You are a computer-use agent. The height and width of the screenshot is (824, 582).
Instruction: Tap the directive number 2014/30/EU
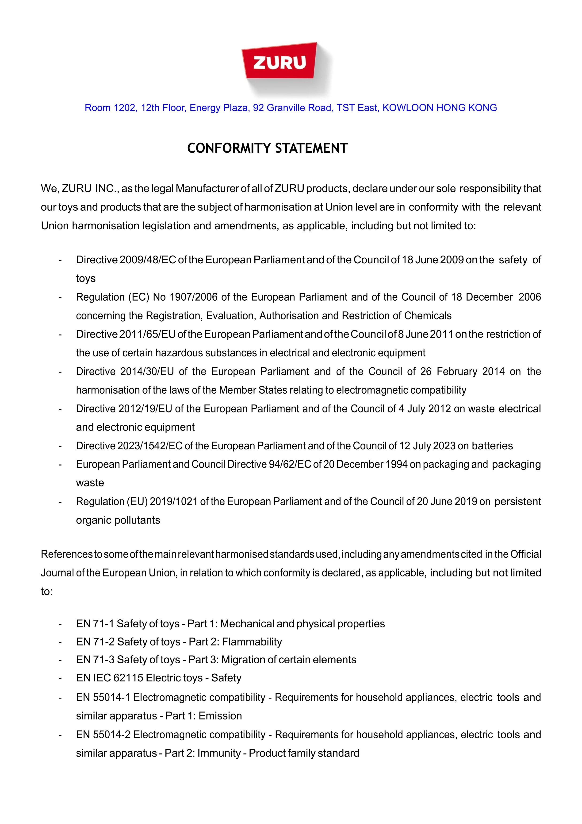coord(147,371)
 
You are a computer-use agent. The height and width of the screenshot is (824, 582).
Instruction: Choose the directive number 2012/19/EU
coord(145,409)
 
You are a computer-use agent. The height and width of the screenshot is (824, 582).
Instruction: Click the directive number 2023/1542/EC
coord(150,446)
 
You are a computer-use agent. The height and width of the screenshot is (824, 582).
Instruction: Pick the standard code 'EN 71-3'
coord(95,660)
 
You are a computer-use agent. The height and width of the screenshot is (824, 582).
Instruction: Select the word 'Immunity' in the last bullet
coord(219,753)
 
